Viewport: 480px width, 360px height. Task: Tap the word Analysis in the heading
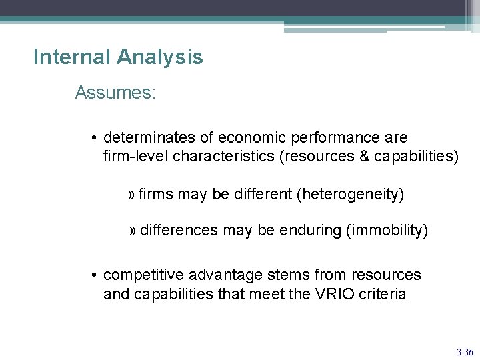click(x=159, y=57)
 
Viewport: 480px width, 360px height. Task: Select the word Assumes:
click(x=115, y=93)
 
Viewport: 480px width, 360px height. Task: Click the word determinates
click(x=149, y=137)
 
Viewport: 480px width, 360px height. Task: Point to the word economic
click(x=250, y=137)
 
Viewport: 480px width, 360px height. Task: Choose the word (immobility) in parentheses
click(x=387, y=230)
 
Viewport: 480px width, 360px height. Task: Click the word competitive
click(x=144, y=275)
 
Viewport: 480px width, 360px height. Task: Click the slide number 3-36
click(x=464, y=351)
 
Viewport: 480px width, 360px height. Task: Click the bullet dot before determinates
click(x=96, y=138)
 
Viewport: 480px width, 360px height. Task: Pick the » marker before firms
click(x=132, y=194)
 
